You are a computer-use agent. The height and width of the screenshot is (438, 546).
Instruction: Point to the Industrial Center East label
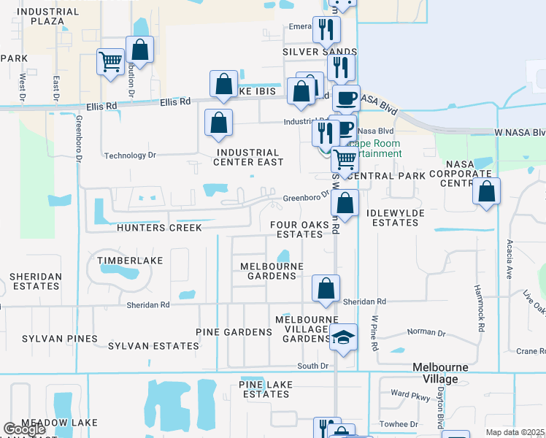click(249, 157)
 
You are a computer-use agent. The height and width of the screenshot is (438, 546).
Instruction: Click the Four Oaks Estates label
click(296, 229)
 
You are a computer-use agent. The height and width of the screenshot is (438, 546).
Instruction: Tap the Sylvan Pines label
click(60, 339)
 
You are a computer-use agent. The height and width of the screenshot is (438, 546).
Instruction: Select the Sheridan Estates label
click(35, 281)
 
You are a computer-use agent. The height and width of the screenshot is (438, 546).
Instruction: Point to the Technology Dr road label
click(131, 155)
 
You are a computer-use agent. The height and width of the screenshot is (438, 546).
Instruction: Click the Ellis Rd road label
click(101, 106)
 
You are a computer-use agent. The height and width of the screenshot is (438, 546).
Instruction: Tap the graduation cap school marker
click(342, 337)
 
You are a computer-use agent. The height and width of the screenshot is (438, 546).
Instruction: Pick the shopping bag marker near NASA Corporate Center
click(487, 192)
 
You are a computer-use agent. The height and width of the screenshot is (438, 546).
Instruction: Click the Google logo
click(24, 429)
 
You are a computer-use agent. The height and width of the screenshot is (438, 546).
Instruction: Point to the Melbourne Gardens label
click(272, 271)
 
